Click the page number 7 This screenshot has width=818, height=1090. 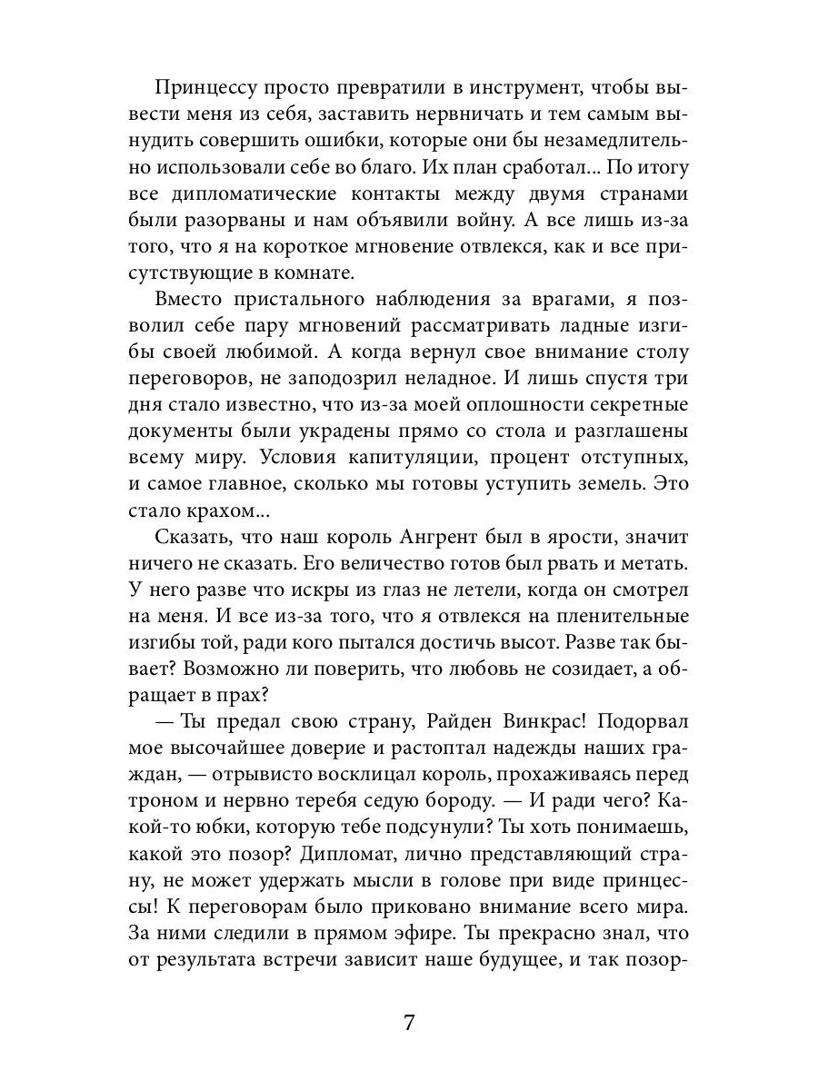pyautogui.click(x=409, y=1023)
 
